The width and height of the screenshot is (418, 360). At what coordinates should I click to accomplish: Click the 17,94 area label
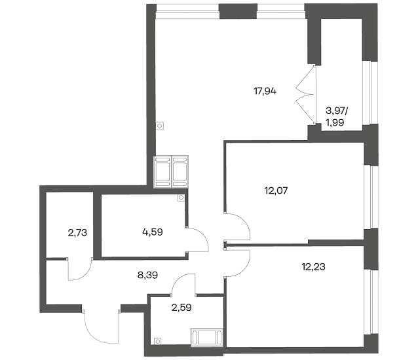[265, 92]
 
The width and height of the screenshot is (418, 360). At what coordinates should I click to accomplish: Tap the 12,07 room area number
[276, 190]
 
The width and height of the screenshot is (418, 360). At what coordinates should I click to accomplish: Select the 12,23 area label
[313, 266]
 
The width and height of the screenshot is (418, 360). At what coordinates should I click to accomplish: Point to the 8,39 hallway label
[147, 275]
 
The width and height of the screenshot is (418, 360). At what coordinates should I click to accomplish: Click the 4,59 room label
[153, 232]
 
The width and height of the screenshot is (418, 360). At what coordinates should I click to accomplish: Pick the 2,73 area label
[77, 233]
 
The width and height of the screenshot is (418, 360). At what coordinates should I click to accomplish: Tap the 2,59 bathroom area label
[181, 308]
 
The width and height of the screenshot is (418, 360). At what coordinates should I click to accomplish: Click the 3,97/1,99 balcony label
[336, 117]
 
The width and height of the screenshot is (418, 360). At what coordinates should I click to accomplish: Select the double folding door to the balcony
[307, 95]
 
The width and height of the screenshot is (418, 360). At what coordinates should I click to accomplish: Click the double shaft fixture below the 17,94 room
[171, 171]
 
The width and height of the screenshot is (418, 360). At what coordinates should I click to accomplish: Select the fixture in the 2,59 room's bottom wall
[206, 337]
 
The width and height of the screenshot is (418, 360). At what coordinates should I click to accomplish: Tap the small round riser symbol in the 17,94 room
[160, 126]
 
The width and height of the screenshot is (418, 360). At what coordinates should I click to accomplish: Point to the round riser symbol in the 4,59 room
[181, 198]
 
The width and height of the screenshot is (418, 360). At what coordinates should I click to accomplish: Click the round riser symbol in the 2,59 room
[157, 341]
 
